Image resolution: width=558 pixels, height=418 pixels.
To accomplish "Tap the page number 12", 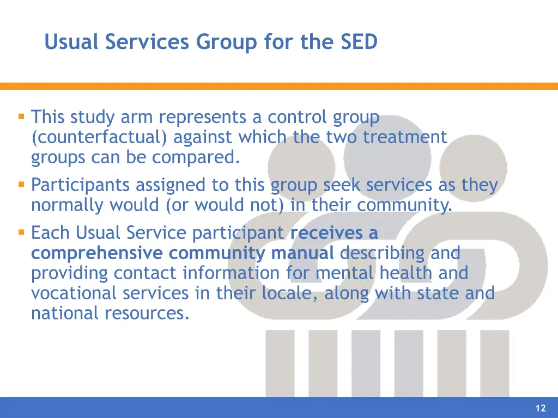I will coord(541,408).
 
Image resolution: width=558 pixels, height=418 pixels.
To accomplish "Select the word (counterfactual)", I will coord(100,137).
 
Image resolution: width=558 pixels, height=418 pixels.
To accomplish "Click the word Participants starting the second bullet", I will coord(81,186).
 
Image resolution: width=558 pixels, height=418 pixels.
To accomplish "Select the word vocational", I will coord(74,293).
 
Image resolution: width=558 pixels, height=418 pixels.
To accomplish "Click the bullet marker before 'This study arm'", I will coord(21,116).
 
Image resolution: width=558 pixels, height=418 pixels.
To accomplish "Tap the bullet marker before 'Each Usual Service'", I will coord(21,232).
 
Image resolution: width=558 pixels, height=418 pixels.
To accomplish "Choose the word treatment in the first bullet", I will coord(405,137).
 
